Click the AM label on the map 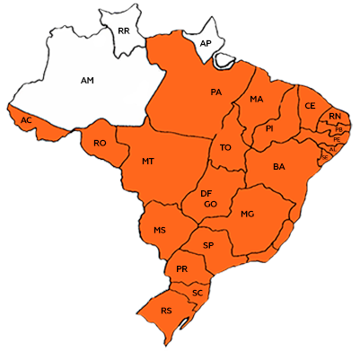coord(87,81)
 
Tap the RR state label coord(124,31)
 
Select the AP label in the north coord(205,43)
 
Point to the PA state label coord(216,92)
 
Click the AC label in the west coord(27,120)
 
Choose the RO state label coord(100,143)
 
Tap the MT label coord(149,162)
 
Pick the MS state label coord(160,231)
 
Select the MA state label coord(257,99)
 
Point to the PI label coord(269,129)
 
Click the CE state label coord(311,106)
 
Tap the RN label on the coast coord(334,118)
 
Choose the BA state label coord(279,167)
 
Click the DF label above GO coord(206,193)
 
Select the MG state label coord(248,215)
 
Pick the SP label coord(208,245)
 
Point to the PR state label coord(182,268)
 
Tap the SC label coord(197,293)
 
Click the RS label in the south coord(166,311)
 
